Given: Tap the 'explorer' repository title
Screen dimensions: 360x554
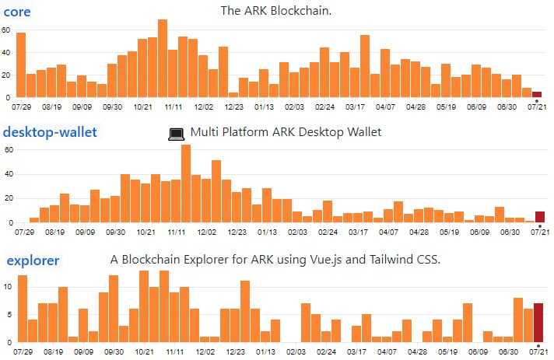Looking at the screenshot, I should pyautogui.click(x=33, y=260).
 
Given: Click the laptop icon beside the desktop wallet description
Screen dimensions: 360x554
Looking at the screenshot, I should pyautogui.click(x=177, y=134).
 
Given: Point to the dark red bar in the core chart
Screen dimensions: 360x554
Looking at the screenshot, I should pyautogui.click(x=537, y=94).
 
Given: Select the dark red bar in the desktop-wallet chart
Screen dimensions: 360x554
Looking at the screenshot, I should pyautogui.click(x=540, y=217).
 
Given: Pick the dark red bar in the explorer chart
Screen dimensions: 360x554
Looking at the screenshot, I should pyautogui.click(x=538, y=323).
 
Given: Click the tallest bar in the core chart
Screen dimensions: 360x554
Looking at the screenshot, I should pyautogui.click(x=163, y=58).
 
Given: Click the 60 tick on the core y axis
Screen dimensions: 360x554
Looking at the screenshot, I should pyautogui.click(x=5, y=30).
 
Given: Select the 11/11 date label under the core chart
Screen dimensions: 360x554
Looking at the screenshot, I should pyautogui.click(x=174, y=107).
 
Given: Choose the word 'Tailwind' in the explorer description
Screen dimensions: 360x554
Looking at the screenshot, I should pyautogui.click(x=387, y=260).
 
